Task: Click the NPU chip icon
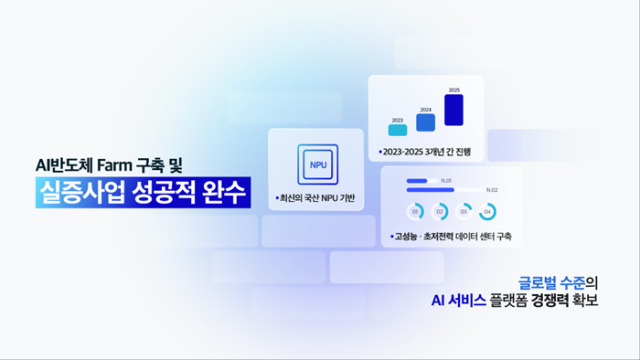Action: tap(318, 164)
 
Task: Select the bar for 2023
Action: tap(397, 128)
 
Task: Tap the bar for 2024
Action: tap(426, 123)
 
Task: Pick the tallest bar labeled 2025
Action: tap(454, 111)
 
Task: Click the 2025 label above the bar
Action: tap(454, 91)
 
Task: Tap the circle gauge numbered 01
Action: tap(414, 212)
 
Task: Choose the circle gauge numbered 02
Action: tap(439, 212)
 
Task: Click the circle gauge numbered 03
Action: tap(463, 212)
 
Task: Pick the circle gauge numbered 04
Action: tap(487, 212)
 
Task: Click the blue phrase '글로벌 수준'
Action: tap(552, 282)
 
